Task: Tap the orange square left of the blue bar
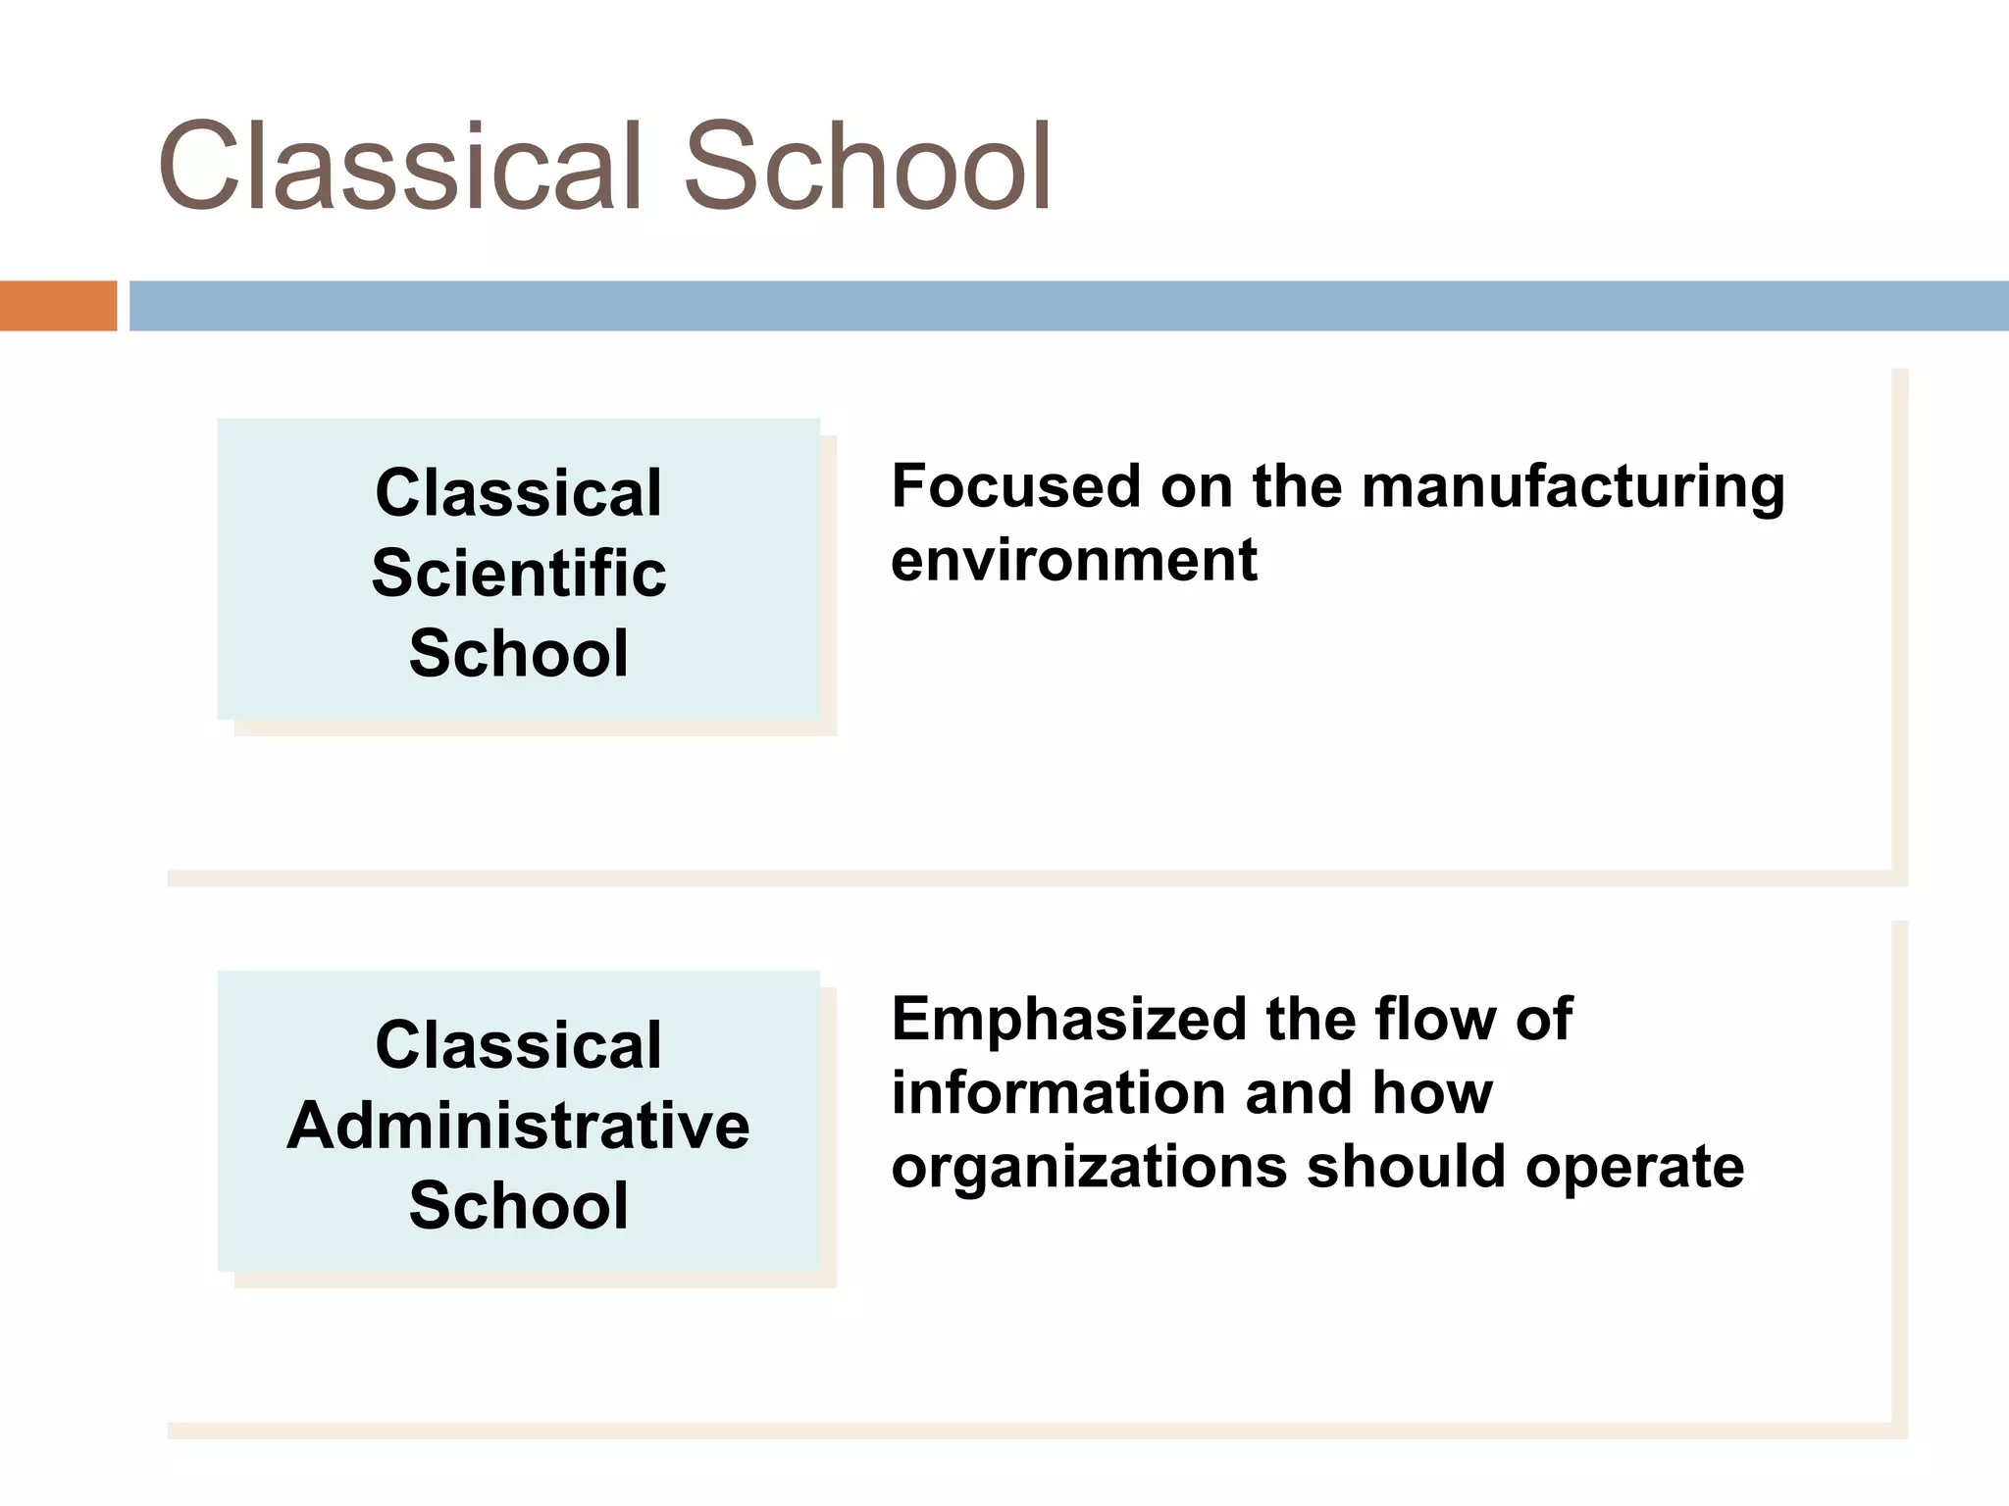58,306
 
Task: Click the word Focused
1016,486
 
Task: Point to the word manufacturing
1572,488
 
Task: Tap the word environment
1073,561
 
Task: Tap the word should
1406,1167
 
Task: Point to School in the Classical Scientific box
519,653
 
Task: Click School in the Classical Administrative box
519,1205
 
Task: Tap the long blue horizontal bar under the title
1068,306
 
